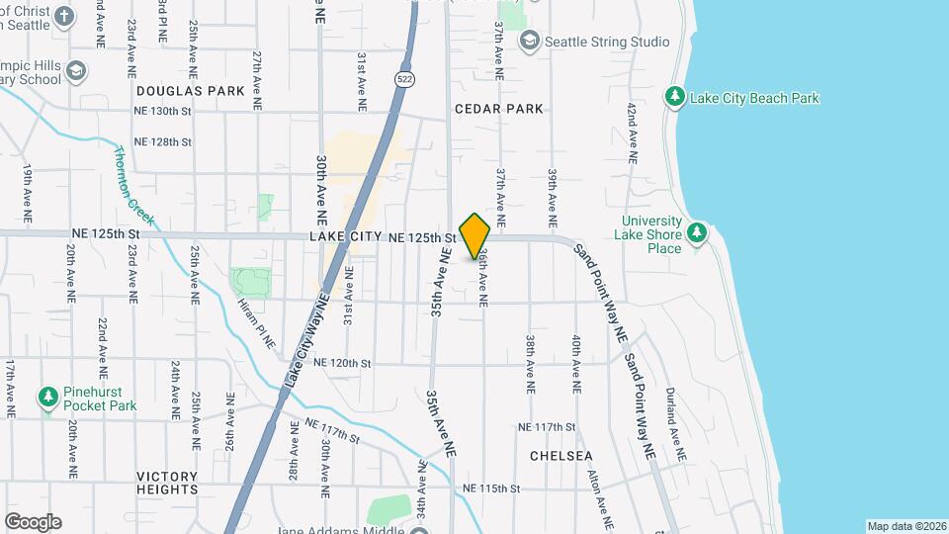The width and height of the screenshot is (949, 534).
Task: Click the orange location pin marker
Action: click(x=475, y=236)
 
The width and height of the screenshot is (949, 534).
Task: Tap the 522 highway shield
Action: click(x=403, y=79)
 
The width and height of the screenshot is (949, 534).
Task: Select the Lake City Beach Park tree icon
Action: click(x=675, y=97)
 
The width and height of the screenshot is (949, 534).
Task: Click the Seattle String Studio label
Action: click(x=608, y=42)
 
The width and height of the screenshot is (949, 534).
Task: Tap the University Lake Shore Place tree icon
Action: click(x=698, y=232)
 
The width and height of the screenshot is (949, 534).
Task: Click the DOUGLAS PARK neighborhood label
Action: click(x=191, y=91)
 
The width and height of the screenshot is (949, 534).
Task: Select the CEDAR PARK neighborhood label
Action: click(x=499, y=109)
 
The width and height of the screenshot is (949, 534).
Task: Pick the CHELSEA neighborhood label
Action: click(x=561, y=456)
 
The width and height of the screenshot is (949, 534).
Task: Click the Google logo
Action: click(x=33, y=522)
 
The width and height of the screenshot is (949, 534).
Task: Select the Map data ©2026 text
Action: click(x=906, y=526)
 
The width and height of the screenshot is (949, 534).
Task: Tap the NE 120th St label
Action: click(x=341, y=364)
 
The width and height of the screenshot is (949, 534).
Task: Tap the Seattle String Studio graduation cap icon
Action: click(x=530, y=41)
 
